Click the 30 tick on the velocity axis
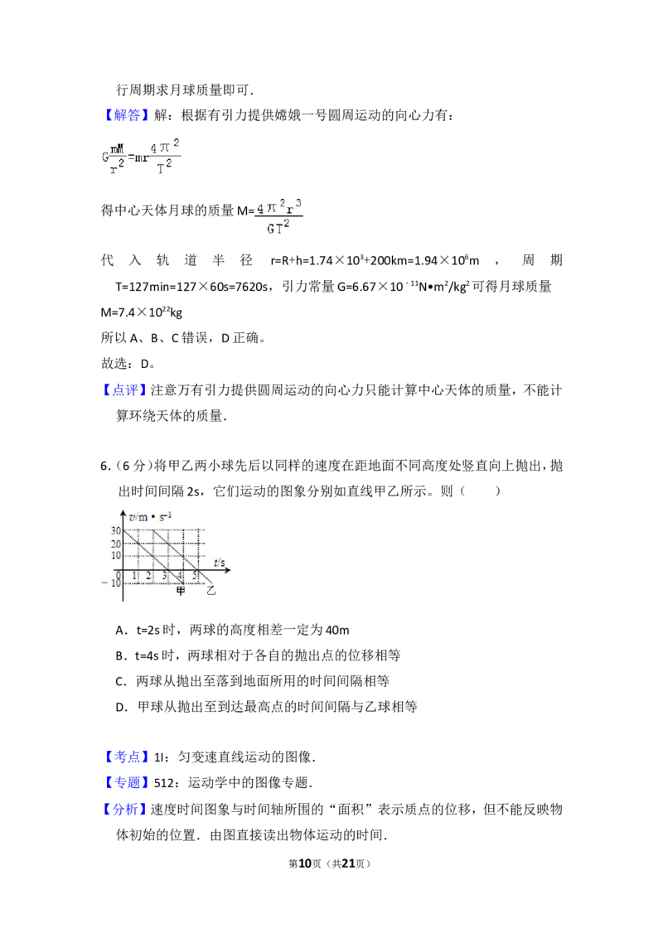point(115,530)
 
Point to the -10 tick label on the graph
point(111,583)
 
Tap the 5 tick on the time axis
point(195,576)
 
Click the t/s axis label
point(220,563)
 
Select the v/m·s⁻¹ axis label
point(150,516)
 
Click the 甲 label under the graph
point(181,591)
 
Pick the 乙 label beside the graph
point(211,591)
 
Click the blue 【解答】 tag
point(126,115)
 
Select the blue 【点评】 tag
point(126,390)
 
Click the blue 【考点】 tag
point(126,757)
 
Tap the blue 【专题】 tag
point(126,782)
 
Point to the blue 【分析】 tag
point(126,810)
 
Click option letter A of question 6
point(120,630)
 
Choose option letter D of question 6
point(120,707)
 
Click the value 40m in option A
point(337,630)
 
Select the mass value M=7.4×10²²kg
point(141,312)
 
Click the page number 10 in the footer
point(305,863)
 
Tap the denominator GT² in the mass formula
point(278,227)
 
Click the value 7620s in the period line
point(251,287)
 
